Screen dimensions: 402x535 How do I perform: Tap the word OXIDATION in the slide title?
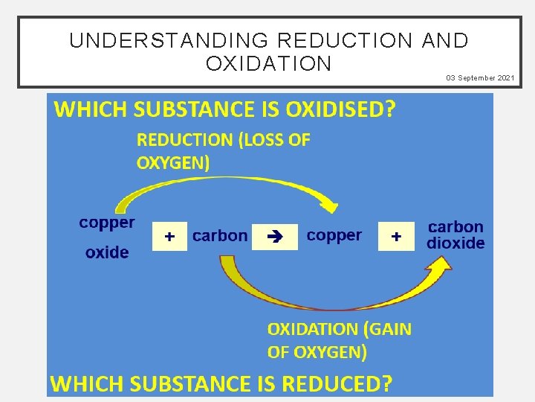pyautogui.click(x=269, y=64)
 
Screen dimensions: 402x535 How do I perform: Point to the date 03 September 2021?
pyautogui.click(x=480, y=78)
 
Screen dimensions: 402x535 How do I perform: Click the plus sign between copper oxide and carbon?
pyautogui.click(x=170, y=237)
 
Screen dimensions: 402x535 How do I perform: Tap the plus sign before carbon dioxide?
pyautogui.click(x=396, y=237)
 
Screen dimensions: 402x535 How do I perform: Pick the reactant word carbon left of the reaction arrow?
pyautogui.click(x=220, y=236)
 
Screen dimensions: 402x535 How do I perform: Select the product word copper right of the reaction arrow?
pyautogui.click(x=334, y=236)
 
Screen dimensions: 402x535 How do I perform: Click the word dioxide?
pyautogui.click(x=455, y=243)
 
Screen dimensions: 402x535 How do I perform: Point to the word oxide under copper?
pyautogui.click(x=107, y=253)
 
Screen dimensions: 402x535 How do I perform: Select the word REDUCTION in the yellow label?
pyautogui.click(x=184, y=140)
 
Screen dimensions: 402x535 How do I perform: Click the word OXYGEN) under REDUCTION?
pyautogui.click(x=173, y=163)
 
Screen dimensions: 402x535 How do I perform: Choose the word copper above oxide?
pyautogui.click(x=107, y=223)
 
